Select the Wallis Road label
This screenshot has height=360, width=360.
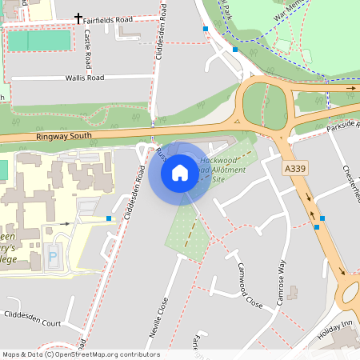coord(85,78)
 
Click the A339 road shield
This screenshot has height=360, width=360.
coord(295,169)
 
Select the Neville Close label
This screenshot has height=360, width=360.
coord(158,321)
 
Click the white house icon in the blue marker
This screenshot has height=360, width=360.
coord(180,172)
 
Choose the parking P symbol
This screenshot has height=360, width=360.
coord(53,258)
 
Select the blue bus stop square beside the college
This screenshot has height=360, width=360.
coord(109,218)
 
